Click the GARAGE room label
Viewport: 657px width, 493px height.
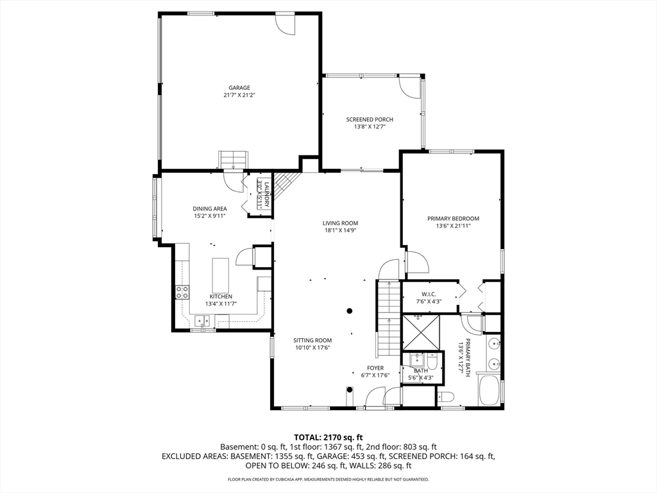pos(239,87)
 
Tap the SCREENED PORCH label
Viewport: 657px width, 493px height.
pos(370,119)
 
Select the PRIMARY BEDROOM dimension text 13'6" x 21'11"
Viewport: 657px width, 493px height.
pos(454,225)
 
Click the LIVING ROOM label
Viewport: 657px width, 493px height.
pos(340,223)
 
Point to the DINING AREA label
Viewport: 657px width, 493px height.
pos(210,209)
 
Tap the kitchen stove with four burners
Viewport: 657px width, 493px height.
pos(182,292)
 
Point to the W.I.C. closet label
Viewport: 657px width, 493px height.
pos(429,294)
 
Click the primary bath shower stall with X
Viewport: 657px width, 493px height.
pos(421,332)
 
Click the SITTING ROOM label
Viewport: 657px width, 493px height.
pos(312,340)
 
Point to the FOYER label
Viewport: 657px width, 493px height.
pos(375,368)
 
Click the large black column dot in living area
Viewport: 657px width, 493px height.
pos(350,311)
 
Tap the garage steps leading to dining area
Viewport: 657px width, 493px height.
pos(233,160)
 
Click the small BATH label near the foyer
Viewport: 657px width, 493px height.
pos(421,370)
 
